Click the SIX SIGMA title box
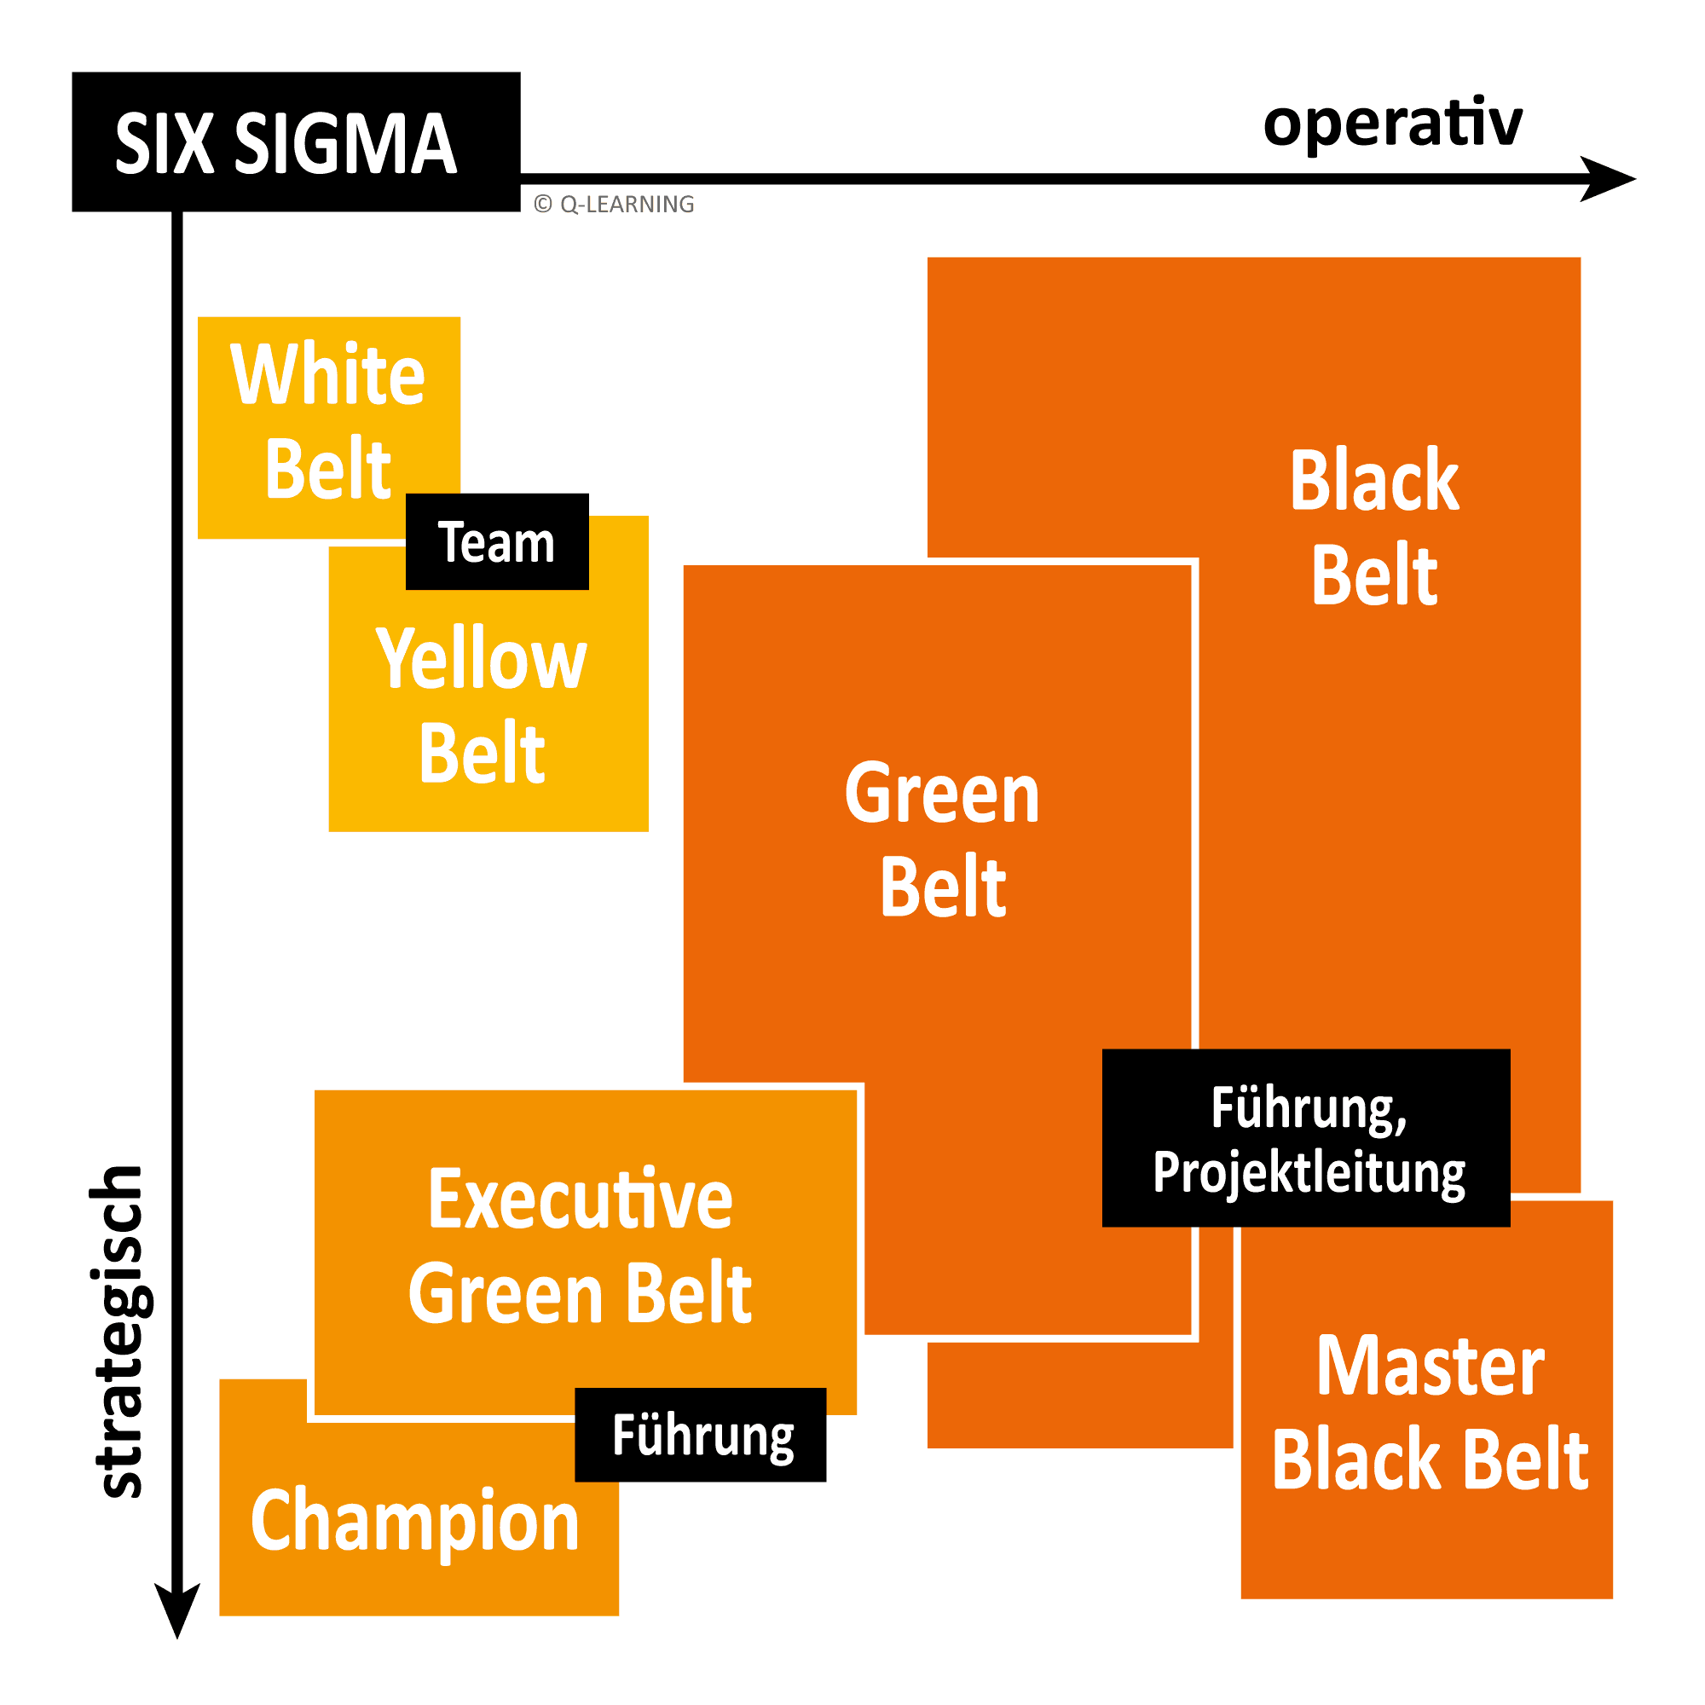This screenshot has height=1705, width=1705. [x=296, y=142]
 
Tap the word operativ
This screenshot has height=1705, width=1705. [x=1392, y=124]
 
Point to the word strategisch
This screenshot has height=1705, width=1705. [x=119, y=1332]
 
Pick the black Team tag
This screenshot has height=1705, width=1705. [x=497, y=542]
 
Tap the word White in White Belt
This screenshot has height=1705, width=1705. [x=327, y=375]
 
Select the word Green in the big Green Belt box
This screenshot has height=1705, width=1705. [x=942, y=795]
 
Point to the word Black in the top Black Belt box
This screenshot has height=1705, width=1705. [x=1374, y=481]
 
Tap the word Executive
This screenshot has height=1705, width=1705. [x=580, y=1199]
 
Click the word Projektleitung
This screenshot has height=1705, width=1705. [x=1308, y=1175]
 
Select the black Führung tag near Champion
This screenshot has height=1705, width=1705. [x=702, y=1435]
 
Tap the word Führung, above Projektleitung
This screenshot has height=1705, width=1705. [x=1308, y=1108]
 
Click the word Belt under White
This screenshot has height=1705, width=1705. [x=327, y=470]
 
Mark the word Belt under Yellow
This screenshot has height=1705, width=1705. [x=482, y=753]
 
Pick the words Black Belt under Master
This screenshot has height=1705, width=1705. [x=1430, y=1460]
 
